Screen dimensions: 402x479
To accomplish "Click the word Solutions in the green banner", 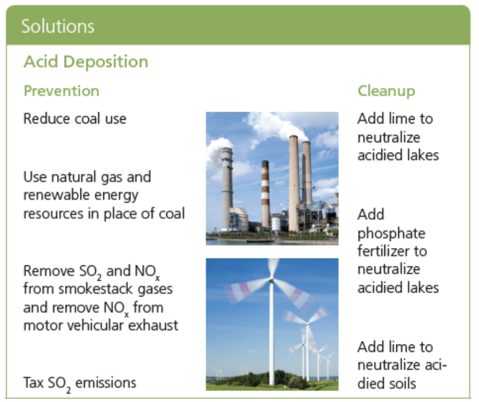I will coord(58,26).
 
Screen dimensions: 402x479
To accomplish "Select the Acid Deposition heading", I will coord(86,61).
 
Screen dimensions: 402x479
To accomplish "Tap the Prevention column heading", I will coord(61,91).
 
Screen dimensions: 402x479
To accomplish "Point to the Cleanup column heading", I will coord(386,91).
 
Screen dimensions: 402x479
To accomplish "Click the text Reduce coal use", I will coord(75,119).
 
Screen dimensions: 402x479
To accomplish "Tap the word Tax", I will coord(33,382).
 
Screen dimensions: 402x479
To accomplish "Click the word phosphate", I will coord(391,233).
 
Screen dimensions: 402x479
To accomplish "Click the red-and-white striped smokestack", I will coord(265,194).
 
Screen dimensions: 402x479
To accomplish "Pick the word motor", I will coord(43,326).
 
